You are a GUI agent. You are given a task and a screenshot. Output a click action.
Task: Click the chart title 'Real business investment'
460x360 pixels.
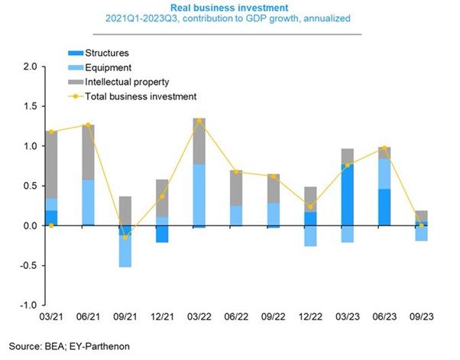click(x=229, y=8)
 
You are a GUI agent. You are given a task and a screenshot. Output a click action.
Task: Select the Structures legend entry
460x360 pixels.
click(x=99, y=53)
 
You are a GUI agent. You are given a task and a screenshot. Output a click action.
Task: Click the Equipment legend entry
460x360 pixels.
click(x=100, y=68)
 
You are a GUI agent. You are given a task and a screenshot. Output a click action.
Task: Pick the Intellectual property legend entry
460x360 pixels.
click(x=118, y=82)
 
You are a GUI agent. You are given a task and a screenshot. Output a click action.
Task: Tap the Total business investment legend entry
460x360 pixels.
click(x=132, y=96)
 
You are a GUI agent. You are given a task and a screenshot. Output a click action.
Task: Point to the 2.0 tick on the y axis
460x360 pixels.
click(x=31, y=66)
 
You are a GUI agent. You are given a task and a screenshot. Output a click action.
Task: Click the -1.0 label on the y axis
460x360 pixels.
click(x=28, y=305)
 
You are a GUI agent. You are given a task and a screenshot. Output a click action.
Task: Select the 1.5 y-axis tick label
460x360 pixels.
click(x=31, y=106)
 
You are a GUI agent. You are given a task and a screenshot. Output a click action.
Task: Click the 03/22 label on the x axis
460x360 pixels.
click(x=199, y=317)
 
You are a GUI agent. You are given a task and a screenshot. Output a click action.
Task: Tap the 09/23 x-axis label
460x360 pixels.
click(x=421, y=317)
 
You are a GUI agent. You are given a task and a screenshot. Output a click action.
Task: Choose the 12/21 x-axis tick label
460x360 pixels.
click(x=162, y=317)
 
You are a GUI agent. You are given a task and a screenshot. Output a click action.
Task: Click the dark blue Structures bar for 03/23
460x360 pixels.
click(x=348, y=195)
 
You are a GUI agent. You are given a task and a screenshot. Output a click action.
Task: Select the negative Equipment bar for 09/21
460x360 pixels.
click(x=125, y=251)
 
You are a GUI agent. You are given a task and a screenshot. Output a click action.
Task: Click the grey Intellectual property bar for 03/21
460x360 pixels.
click(x=51, y=165)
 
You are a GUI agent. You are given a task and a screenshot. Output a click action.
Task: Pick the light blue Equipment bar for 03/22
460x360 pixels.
click(x=199, y=195)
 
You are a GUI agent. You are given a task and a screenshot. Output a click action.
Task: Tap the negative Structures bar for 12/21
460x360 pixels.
click(x=162, y=234)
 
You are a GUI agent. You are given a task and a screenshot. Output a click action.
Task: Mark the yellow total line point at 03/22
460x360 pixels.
click(x=199, y=121)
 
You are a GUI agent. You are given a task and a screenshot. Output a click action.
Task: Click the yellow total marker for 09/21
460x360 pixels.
click(x=125, y=237)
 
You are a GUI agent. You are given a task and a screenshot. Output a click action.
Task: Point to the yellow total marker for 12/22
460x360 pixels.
click(x=310, y=207)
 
